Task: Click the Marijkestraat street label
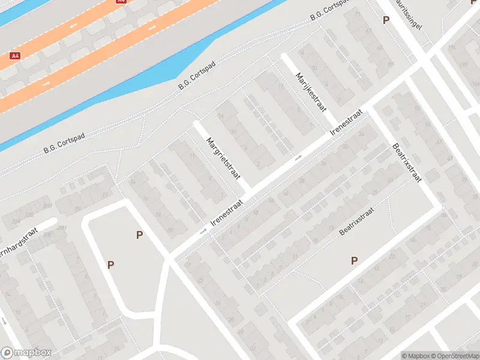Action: (x=310, y=92)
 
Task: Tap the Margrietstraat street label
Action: (x=219, y=159)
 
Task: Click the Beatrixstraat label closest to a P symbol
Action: (x=356, y=223)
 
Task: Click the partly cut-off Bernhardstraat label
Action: (x=18, y=241)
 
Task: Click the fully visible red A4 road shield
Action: (x=16, y=56)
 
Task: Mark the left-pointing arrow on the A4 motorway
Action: (x=73, y=26)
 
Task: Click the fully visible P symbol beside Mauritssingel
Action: (x=386, y=20)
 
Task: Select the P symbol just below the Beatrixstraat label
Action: (x=354, y=260)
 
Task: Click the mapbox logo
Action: (x=26, y=353)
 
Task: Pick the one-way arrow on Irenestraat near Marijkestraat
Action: (x=298, y=157)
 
